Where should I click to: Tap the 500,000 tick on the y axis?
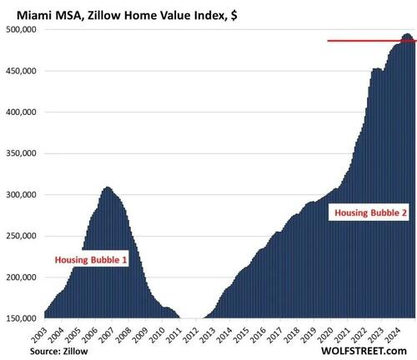[x=22, y=30]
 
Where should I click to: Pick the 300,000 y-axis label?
[x=22, y=195]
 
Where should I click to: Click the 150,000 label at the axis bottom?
[x=22, y=317]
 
